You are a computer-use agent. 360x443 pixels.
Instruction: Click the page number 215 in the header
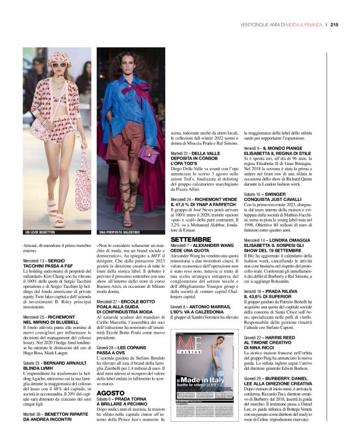pyautogui.click(x=333, y=25)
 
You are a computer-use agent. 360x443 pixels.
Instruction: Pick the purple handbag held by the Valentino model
pyautogui.click(x=146, y=151)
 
